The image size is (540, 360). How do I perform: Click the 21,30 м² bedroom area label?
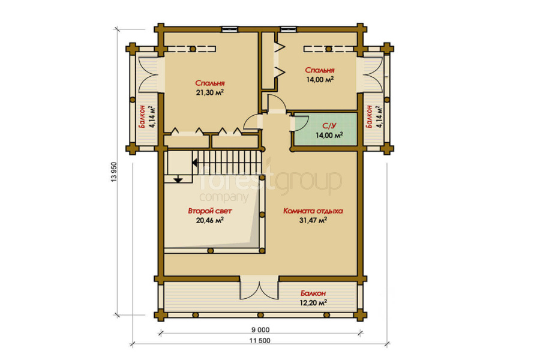(210, 92)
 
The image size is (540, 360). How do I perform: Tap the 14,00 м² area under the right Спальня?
(320, 80)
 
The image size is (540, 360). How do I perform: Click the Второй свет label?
(210, 211)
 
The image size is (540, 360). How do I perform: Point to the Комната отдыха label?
(313, 211)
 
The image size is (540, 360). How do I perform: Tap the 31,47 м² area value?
(313, 220)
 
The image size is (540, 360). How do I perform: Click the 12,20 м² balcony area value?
(313, 303)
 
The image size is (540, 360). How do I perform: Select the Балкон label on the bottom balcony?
(313, 293)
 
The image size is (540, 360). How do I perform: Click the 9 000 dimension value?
(260, 330)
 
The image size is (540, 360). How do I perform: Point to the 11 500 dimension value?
(260, 341)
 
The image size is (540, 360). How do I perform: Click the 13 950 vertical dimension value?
(115, 172)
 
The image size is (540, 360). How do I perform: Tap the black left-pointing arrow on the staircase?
(195, 162)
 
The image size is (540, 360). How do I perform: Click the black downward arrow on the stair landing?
(178, 179)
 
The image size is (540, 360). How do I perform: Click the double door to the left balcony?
(148, 75)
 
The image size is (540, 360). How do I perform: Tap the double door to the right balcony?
(373, 75)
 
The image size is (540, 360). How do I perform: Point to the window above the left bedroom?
(229, 29)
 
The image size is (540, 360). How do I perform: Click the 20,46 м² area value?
(210, 220)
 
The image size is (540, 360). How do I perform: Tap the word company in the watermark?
(224, 197)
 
